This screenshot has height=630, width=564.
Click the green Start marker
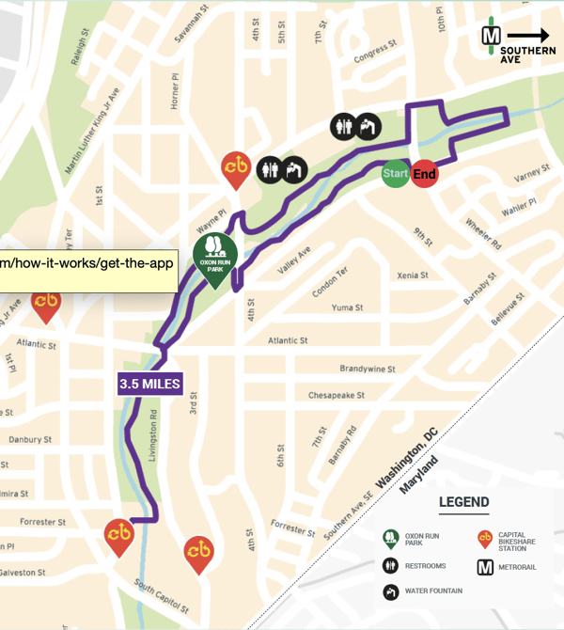coord(395,174)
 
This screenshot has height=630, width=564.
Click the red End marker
coord(424,174)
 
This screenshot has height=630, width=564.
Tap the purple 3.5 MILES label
coord(149,384)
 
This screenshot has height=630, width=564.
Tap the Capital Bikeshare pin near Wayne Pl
coord(235,167)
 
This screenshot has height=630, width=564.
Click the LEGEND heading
coord(464,503)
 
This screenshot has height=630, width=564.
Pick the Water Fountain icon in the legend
coord(389,592)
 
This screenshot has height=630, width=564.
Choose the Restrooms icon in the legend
coord(389,566)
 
